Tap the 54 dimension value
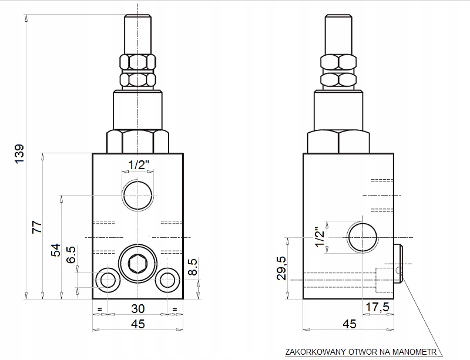click(x=55, y=249)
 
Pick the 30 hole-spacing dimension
click(x=137, y=308)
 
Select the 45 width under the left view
click(x=137, y=324)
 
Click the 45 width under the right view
click(x=349, y=324)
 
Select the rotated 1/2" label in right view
click(x=320, y=237)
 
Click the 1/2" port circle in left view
click(x=137, y=196)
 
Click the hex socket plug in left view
click(x=137, y=265)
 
